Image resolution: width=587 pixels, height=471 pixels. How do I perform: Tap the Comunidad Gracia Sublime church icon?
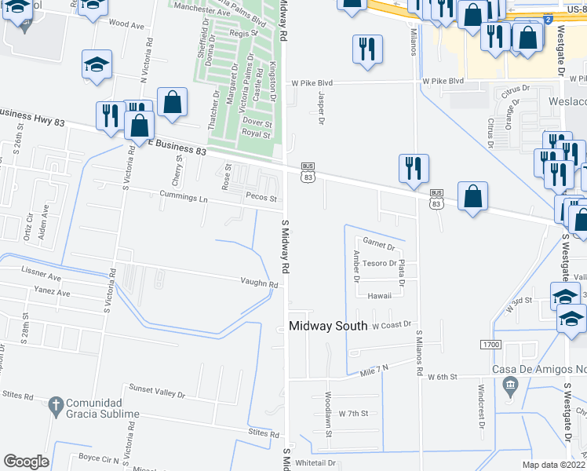[55, 406]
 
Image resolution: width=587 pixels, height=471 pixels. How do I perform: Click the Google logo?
[26, 462]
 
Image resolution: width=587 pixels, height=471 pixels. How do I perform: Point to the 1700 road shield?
[489, 345]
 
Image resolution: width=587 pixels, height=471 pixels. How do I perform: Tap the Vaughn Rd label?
[260, 284]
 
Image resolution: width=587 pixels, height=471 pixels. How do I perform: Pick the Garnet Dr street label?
[379, 246]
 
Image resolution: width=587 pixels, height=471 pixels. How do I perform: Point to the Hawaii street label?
[379, 296]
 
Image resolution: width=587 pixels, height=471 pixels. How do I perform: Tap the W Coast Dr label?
[392, 324]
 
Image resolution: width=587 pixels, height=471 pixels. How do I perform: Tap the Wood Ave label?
[126, 25]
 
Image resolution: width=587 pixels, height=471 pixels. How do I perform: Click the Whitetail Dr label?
[315, 463]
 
